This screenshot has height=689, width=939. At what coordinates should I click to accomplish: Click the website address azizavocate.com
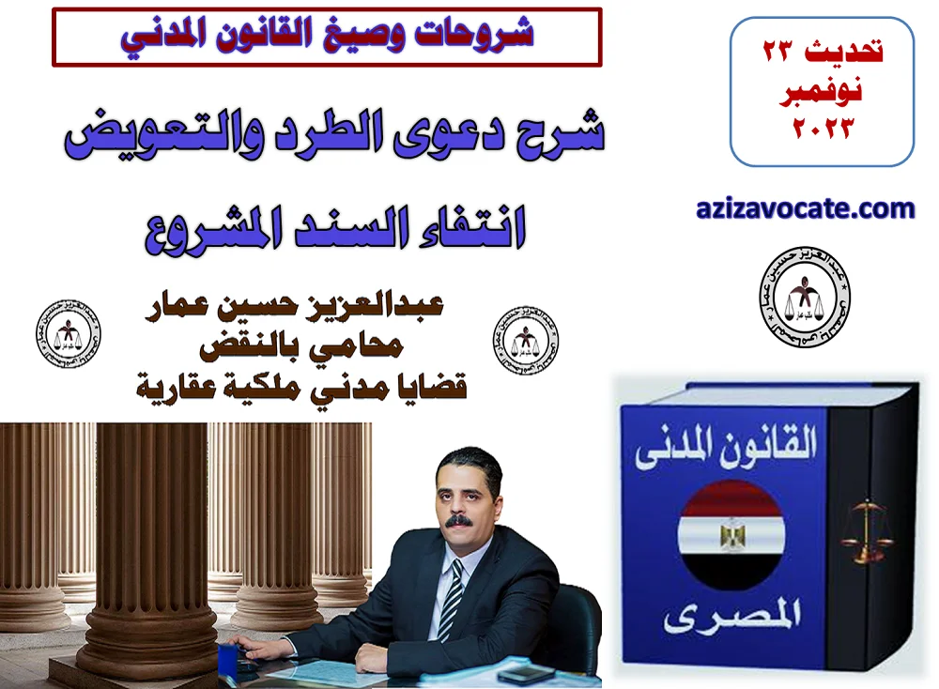point(805,208)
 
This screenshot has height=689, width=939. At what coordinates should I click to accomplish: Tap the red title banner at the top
point(327,36)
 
